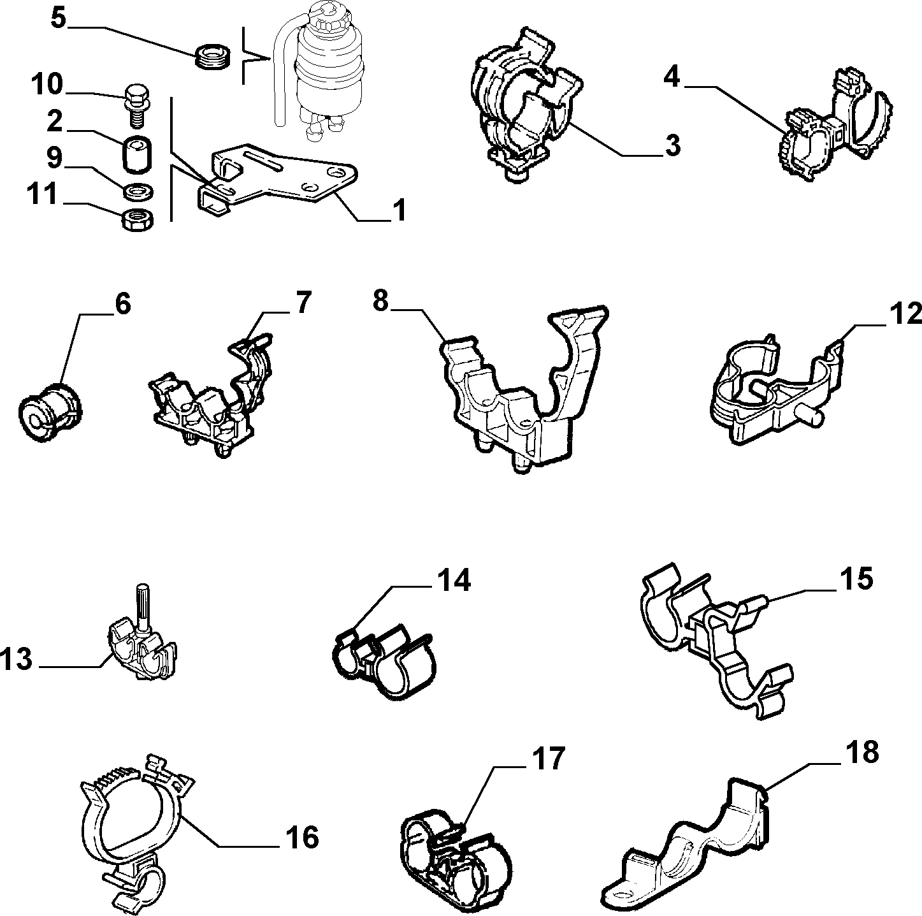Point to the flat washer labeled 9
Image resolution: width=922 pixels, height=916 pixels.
(139, 191)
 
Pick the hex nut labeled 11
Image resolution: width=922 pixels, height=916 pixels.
(138, 221)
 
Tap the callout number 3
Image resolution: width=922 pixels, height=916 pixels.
(672, 145)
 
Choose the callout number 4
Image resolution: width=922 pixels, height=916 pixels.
(672, 76)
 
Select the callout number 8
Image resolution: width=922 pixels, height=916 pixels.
(380, 302)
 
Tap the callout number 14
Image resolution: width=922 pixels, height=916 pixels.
(453, 580)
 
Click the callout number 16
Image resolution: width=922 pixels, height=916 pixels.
(302, 838)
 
